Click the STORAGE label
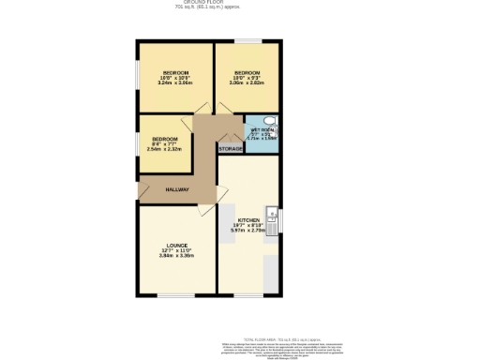pyautogui.click(x=230, y=149)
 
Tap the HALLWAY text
pyautogui.click(x=178, y=189)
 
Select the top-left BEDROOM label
pyautogui.click(x=176, y=72)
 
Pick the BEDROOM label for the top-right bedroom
pyautogui.click(x=247, y=72)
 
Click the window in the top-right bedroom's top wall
pyautogui.click(x=247, y=40)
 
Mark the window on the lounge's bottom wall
pyautogui.click(x=174, y=296)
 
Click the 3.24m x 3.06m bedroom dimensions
pyautogui.click(x=176, y=83)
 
